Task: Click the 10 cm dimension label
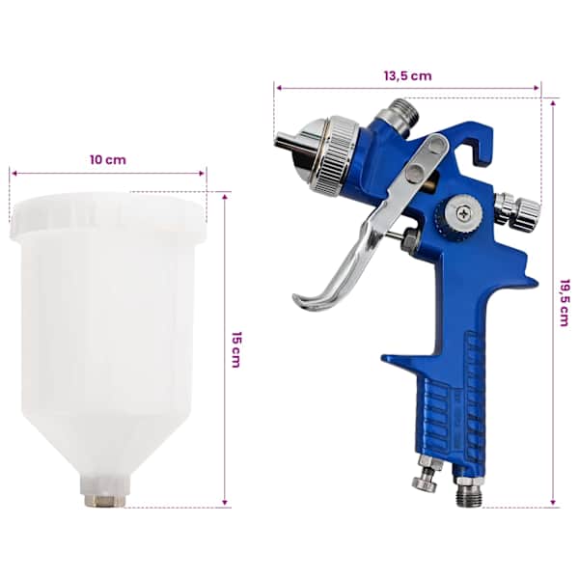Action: (108, 160)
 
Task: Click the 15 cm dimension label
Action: (236, 349)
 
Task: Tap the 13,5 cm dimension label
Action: (407, 76)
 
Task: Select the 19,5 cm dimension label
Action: (565, 303)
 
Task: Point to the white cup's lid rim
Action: (108, 214)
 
